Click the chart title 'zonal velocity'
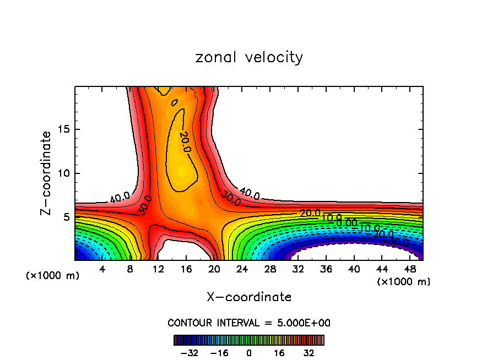point(249,57)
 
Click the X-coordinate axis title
point(249,297)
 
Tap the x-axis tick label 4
point(102,269)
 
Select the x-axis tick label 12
point(159,269)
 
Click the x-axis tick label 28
point(270,269)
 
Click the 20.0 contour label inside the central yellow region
point(185,142)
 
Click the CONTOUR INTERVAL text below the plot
point(249,323)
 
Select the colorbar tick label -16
point(219,352)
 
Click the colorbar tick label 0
point(249,352)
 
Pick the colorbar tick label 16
point(279,352)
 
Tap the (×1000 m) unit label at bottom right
point(404,282)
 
